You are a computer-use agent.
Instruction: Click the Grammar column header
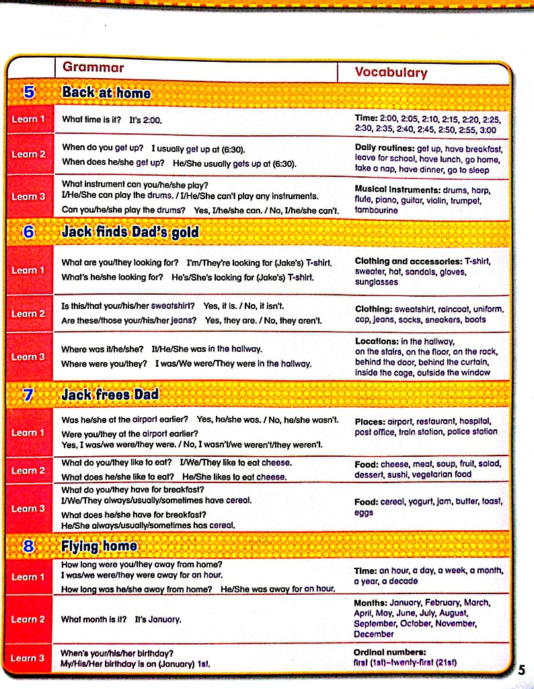point(93,67)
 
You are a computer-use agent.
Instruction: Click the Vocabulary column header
point(391,73)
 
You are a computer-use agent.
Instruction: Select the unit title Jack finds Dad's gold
point(130,232)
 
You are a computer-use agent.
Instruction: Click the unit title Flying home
point(100,546)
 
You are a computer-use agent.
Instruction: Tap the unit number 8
point(28,546)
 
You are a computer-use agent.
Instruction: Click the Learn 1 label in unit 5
point(28,119)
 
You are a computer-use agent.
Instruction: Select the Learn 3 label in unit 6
point(28,356)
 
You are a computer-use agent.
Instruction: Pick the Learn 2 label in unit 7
point(28,470)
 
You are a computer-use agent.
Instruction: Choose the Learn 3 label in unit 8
point(28,657)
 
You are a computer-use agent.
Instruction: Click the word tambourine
point(377,210)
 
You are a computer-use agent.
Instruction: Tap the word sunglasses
point(377,283)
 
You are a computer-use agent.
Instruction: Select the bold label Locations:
point(378,341)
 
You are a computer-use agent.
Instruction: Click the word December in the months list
point(374,634)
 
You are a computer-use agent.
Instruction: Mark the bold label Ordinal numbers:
point(390,652)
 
